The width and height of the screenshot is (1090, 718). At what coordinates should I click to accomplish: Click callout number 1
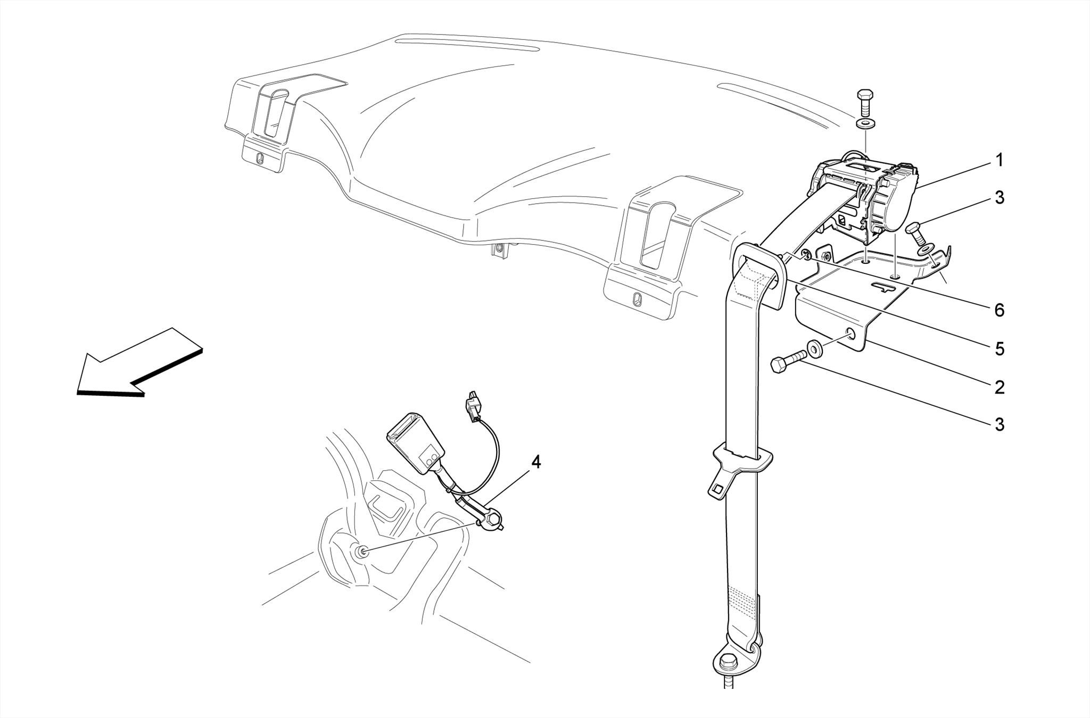pyautogui.click(x=999, y=160)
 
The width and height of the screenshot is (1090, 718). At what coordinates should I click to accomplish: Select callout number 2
pyautogui.click(x=999, y=387)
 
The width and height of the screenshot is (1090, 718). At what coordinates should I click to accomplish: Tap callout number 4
pyautogui.click(x=535, y=462)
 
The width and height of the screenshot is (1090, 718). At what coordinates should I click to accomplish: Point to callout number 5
pyautogui.click(x=999, y=349)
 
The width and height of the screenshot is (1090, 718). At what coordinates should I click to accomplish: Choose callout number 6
pyautogui.click(x=999, y=310)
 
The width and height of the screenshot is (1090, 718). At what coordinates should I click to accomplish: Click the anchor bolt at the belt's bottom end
pyautogui.click(x=726, y=663)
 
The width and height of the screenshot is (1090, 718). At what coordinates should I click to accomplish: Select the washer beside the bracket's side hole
pyautogui.click(x=814, y=349)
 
